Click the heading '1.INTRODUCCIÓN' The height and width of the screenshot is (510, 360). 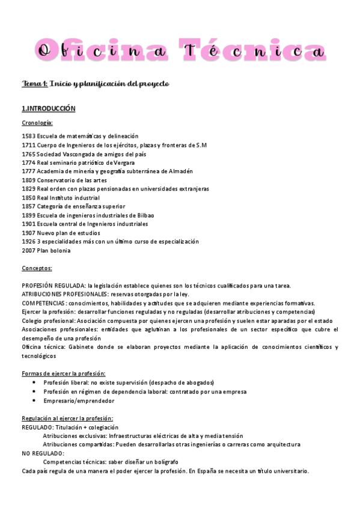coord(49,109)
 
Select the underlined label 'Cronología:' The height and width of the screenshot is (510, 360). coord(37,123)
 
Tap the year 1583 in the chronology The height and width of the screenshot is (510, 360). coord(28,136)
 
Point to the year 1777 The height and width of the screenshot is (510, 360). coord(28,171)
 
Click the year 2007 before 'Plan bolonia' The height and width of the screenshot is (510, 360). coord(28,250)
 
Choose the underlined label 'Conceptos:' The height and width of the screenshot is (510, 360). coord(37,268)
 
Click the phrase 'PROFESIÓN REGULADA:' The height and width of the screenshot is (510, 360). coord(53,286)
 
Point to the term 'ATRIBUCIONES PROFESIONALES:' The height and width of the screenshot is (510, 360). coord(64,294)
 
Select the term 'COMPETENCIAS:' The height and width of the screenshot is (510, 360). coord(44,303)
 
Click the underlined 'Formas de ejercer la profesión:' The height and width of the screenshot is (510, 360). coord(64,373)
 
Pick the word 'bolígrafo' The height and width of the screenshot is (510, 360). coord(162,462)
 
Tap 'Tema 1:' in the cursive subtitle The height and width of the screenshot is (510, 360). coord(34,84)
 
